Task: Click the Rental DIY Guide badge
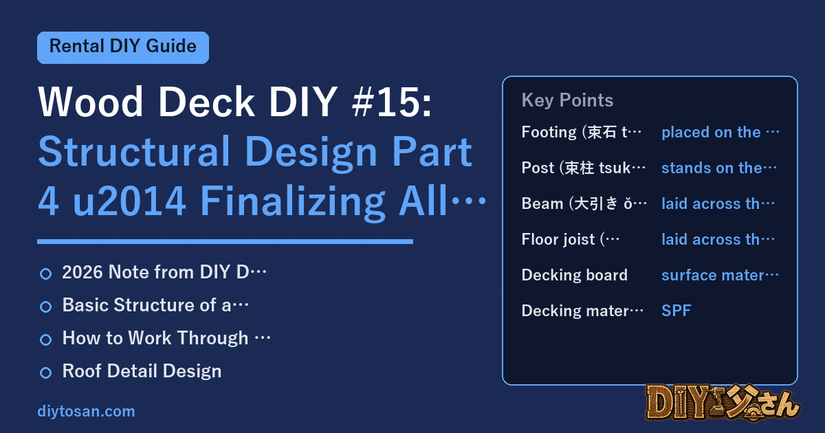[x=123, y=47]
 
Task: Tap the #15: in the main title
[x=391, y=102]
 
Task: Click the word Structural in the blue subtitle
[x=135, y=151]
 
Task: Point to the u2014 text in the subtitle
[x=129, y=201]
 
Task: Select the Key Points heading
[x=567, y=100]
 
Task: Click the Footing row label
[x=581, y=132]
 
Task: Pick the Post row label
[x=584, y=168]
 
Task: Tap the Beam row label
[x=584, y=203]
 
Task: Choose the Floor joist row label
[x=571, y=239]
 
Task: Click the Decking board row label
[x=575, y=275]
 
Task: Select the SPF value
[x=676, y=311]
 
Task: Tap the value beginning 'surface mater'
[x=720, y=275]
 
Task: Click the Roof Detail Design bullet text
[x=142, y=370]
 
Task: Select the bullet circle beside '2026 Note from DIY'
[x=45, y=274]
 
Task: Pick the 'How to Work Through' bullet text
[x=166, y=338]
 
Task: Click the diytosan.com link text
[x=86, y=411]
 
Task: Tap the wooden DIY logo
[x=723, y=402]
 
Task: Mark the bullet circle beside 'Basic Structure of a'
[x=45, y=307]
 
